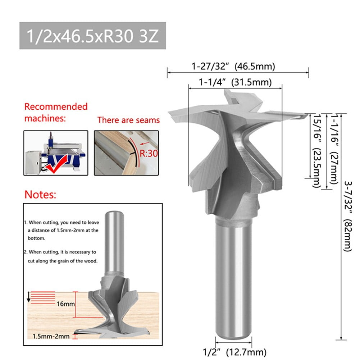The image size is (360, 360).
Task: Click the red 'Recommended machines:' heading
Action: tap(56, 112)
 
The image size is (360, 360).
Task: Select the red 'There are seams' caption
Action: tap(128, 120)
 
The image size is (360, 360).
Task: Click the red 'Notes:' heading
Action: tap(40, 195)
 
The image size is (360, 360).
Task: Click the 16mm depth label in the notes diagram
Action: tap(65, 304)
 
